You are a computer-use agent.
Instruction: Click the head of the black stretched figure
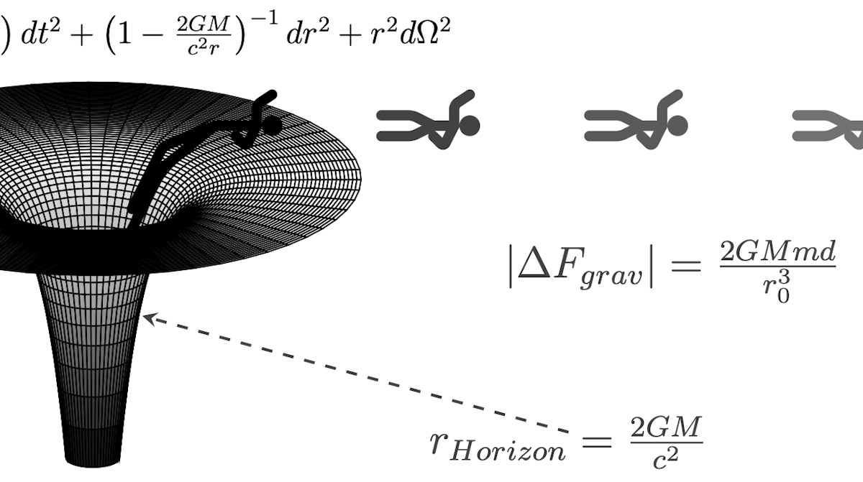(273, 126)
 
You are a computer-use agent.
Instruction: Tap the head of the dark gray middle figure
(470, 126)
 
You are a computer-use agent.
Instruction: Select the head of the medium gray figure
(677, 126)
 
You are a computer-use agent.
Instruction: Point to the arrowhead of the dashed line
(150, 319)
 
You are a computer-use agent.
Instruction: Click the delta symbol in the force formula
(534, 264)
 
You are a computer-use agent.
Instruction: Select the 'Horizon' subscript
(508, 451)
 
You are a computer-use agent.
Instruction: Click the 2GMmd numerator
(777, 252)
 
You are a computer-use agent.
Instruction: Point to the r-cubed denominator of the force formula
(777, 286)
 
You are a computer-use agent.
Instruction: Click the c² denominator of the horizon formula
(665, 457)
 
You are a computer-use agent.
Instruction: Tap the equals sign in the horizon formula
(597, 442)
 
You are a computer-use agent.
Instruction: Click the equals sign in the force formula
(686, 266)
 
